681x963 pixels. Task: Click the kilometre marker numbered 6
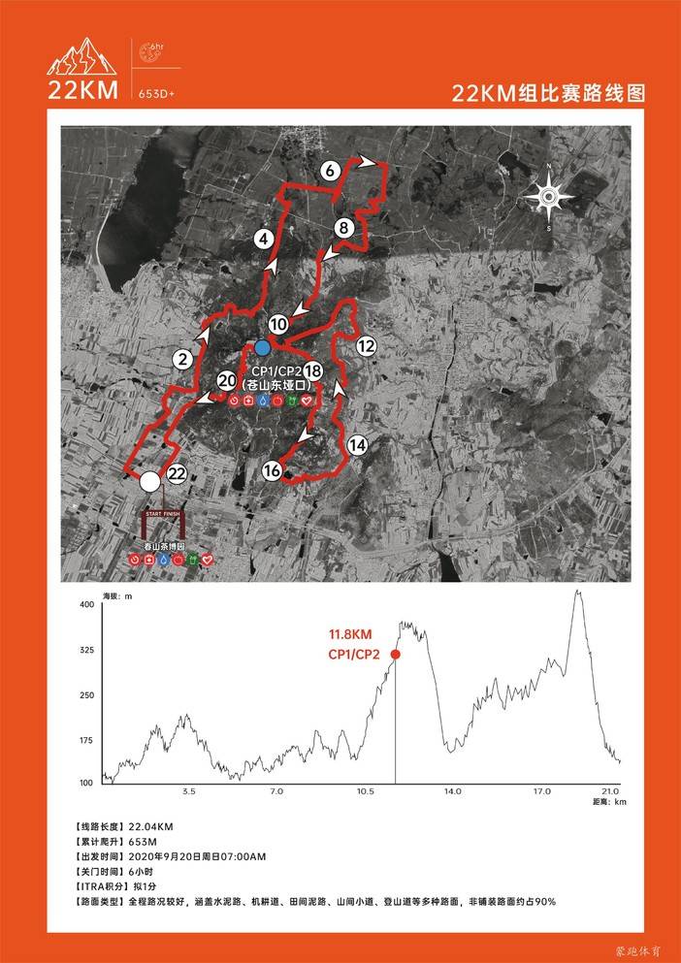click(x=330, y=171)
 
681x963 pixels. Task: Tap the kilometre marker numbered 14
click(x=358, y=445)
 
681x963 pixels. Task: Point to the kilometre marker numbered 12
click(x=366, y=345)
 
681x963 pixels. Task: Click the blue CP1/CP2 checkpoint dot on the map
click(x=263, y=347)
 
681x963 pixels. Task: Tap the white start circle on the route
click(x=149, y=481)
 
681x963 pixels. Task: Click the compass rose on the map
click(x=548, y=198)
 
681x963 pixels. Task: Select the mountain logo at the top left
click(x=82, y=58)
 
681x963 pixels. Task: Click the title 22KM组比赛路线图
click(x=548, y=93)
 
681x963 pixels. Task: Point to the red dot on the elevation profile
click(x=396, y=655)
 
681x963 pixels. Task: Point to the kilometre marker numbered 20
click(x=227, y=381)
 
